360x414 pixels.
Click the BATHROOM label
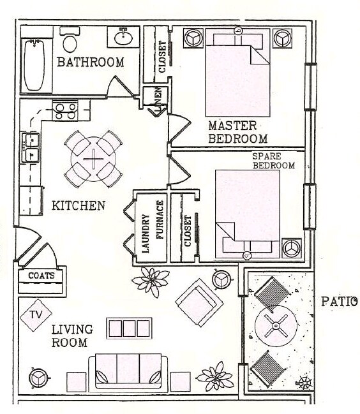(x=90, y=62)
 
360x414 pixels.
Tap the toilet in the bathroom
(x=70, y=43)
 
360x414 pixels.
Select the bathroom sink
(x=123, y=38)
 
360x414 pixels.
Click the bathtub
(x=34, y=64)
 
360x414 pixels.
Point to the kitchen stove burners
(x=64, y=112)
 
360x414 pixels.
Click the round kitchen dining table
(x=94, y=159)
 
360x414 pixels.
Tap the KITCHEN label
(x=78, y=206)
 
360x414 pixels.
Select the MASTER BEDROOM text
(x=237, y=132)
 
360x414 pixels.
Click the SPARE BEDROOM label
(x=273, y=161)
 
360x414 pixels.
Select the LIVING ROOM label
(x=71, y=336)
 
